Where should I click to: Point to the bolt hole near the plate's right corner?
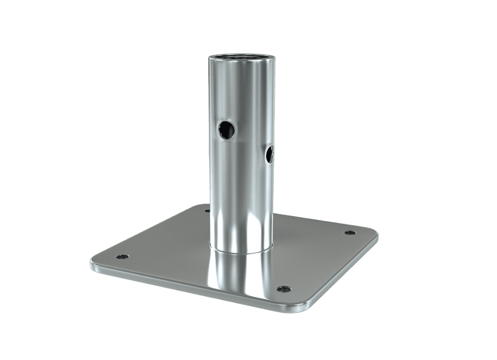pos(350,233)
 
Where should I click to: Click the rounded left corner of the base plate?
pos(93,263)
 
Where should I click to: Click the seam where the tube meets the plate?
pos(240,251)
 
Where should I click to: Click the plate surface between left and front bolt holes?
pos(195,272)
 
